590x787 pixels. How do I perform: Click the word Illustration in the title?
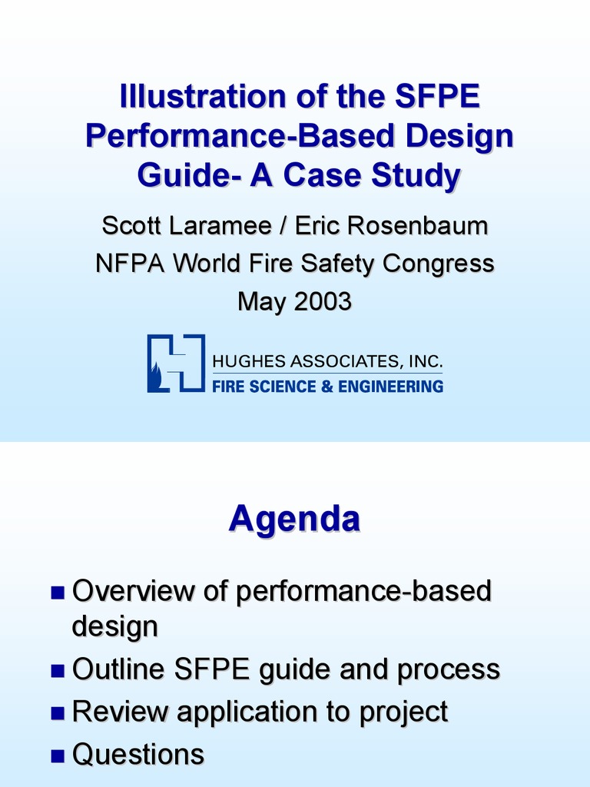tap(203, 96)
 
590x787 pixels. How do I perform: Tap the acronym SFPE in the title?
tap(437, 96)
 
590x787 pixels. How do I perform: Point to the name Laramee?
tap(220, 225)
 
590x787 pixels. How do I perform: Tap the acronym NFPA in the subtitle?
tap(130, 263)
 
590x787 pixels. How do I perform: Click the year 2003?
tap(323, 301)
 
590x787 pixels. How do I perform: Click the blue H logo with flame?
tap(176, 363)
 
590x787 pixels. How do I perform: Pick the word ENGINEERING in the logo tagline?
tap(390, 387)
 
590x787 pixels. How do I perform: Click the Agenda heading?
tap(294, 519)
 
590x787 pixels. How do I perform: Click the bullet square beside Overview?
tap(58, 593)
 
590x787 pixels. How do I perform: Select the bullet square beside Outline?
tap(58, 670)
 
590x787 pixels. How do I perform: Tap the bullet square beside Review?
tap(58, 713)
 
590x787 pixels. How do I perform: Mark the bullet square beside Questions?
tap(58, 755)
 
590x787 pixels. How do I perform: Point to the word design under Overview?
tap(115, 627)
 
